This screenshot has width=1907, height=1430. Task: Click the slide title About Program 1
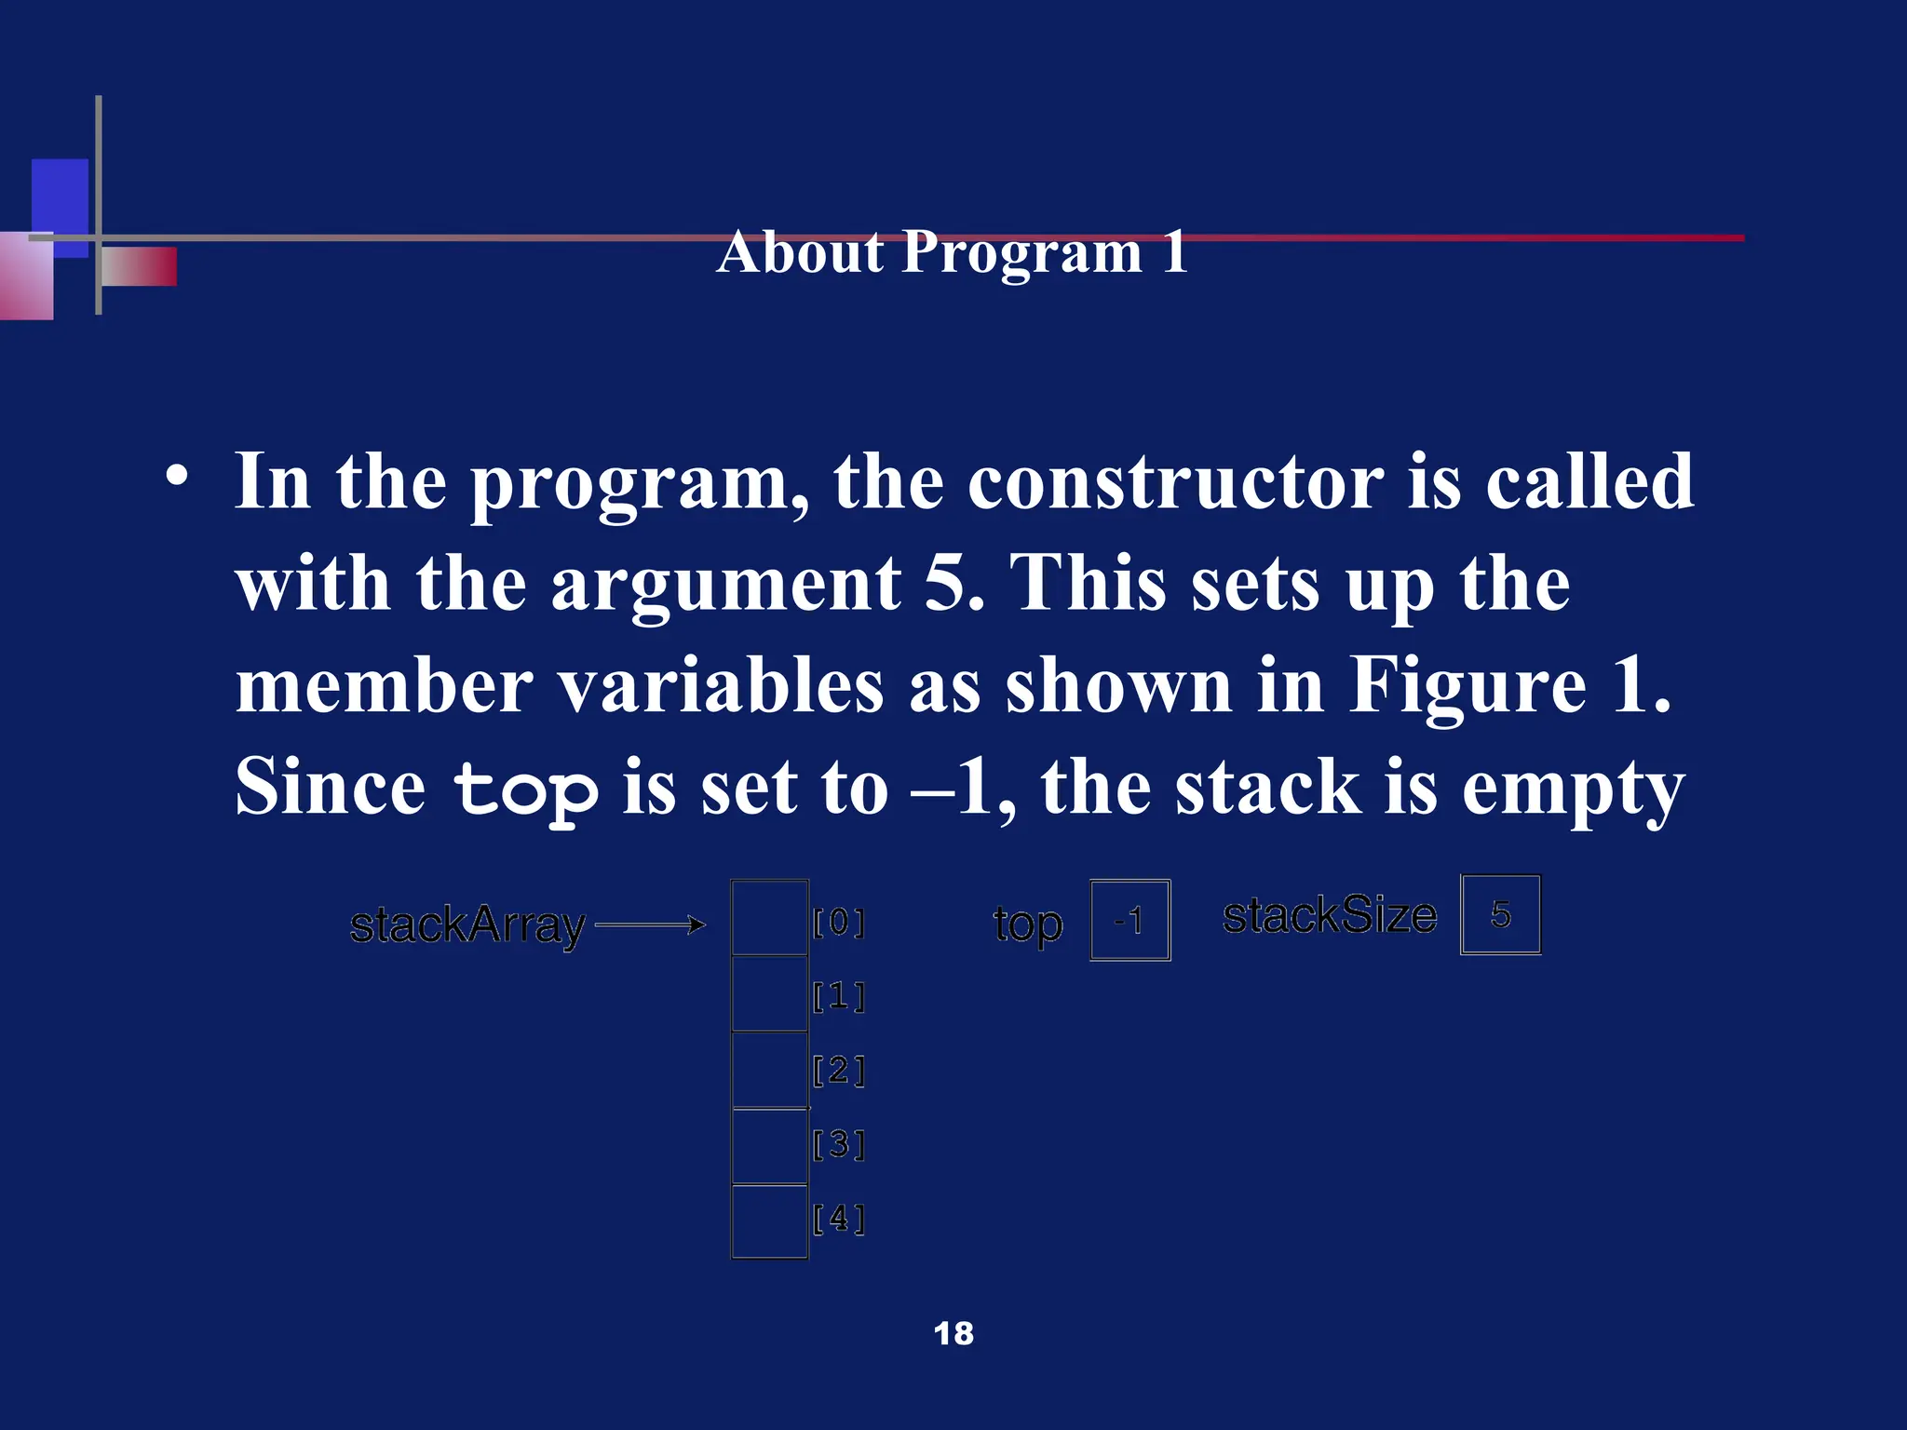(x=952, y=252)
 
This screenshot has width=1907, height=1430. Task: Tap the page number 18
(x=953, y=1333)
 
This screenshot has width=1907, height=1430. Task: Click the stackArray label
(x=467, y=926)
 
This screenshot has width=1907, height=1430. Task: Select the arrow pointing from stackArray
(x=650, y=924)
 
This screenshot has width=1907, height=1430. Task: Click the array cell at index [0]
(x=769, y=918)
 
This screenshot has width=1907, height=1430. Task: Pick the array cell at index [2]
(x=769, y=1070)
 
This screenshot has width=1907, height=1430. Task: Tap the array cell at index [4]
(x=769, y=1221)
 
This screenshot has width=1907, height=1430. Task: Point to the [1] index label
(x=839, y=997)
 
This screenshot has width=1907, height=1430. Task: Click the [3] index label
(x=839, y=1144)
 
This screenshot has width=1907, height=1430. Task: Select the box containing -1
(x=1129, y=920)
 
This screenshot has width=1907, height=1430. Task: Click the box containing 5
(x=1500, y=914)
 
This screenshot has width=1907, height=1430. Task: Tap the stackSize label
(x=1329, y=916)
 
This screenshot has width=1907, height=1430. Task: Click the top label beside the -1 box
(x=1027, y=925)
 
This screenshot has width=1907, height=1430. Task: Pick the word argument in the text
(x=726, y=585)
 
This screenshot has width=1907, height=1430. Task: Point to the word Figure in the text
(x=1467, y=686)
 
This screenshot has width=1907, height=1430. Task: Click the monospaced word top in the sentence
(x=525, y=789)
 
